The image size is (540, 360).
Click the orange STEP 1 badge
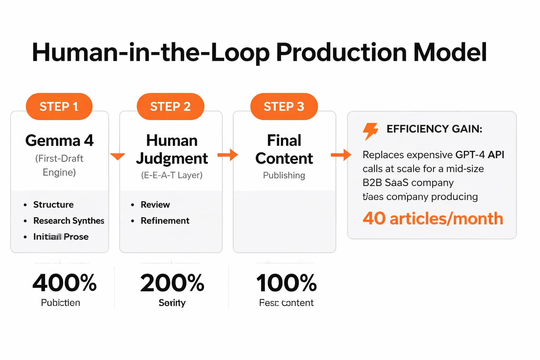pyautogui.click(x=59, y=107)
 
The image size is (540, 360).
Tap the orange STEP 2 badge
pyautogui.click(x=171, y=107)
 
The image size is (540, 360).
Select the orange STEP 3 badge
pyautogui.click(x=284, y=107)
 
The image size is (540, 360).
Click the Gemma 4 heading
pyautogui.click(x=59, y=141)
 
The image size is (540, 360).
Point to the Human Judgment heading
pyautogui.click(x=172, y=149)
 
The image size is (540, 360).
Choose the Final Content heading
pyautogui.click(x=284, y=149)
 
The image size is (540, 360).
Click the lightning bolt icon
pyautogui.click(x=370, y=131)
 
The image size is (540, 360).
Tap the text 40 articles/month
pyautogui.click(x=433, y=219)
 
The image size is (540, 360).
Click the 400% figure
pyautogui.click(x=64, y=283)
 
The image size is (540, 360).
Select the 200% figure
pyautogui.click(x=172, y=283)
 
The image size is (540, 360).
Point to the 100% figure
pyautogui.click(x=286, y=283)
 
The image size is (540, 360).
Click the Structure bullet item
pyautogui.click(x=53, y=205)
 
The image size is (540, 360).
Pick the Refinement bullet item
pyautogui.click(x=165, y=221)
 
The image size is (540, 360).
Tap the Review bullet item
pyautogui.click(x=155, y=205)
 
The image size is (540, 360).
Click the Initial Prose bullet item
pyautogui.click(x=61, y=237)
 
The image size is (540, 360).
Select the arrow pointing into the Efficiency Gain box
pyautogui.click(x=341, y=155)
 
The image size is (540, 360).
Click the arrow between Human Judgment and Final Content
pyautogui.click(x=228, y=155)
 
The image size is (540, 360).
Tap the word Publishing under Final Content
pyautogui.click(x=284, y=175)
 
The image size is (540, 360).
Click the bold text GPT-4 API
pyautogui.click(x=480, y=155)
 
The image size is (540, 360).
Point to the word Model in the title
pyautogui.click(x=450, y=53)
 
